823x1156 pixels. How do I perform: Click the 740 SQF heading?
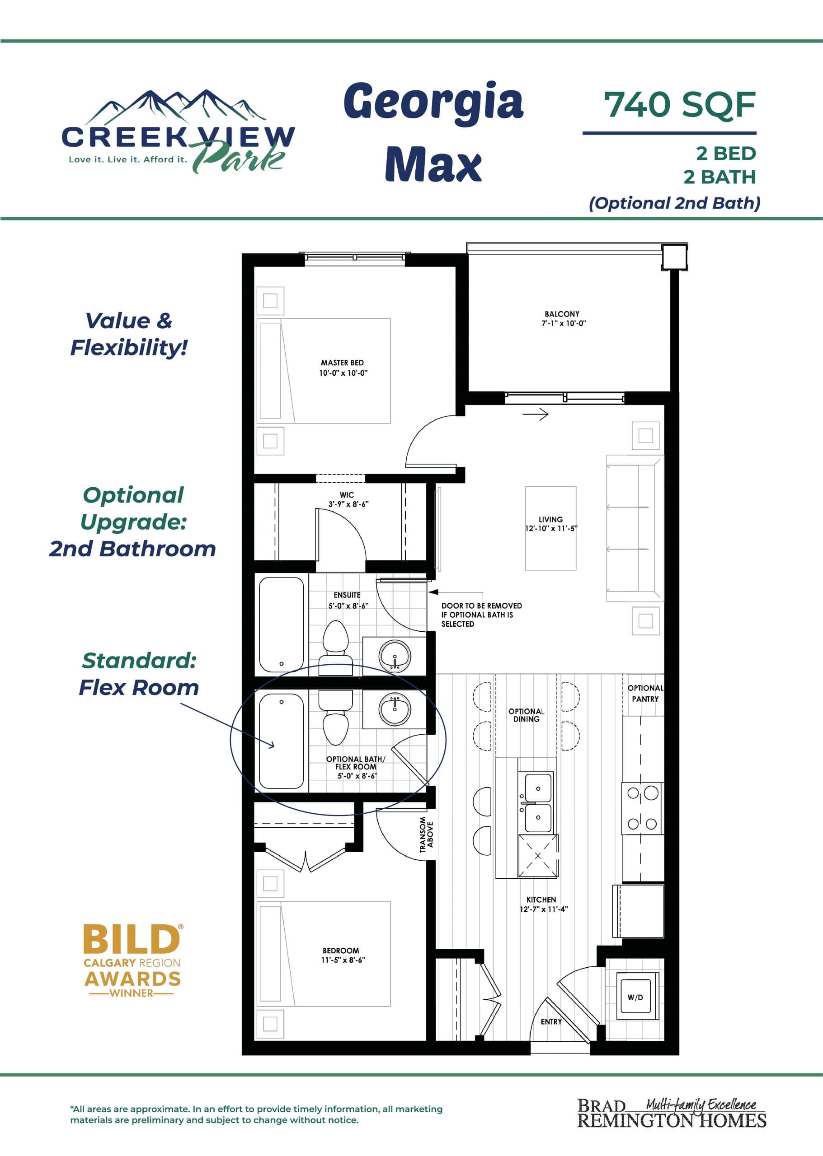[x=679, y=105]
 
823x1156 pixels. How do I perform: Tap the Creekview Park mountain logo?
[x=177, y=133]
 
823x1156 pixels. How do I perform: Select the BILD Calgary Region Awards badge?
[x=132, y=960]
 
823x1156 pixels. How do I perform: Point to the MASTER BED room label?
[x=343, y=368]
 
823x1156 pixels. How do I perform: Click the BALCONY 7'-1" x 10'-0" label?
[x=563, y=318]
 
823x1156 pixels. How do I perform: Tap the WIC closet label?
[x=347, y=499]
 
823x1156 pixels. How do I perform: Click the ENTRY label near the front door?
[x=551, y=1021]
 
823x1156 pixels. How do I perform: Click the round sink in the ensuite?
[x=395, y=656]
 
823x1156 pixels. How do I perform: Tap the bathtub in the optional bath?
[x=281, y=741]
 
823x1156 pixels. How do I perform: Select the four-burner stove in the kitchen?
[x=642, y=808]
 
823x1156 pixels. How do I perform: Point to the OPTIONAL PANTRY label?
[x=644, y=693]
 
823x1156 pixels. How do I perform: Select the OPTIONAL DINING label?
[x=526, y=715]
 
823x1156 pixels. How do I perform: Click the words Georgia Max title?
[x=433, y=132]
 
